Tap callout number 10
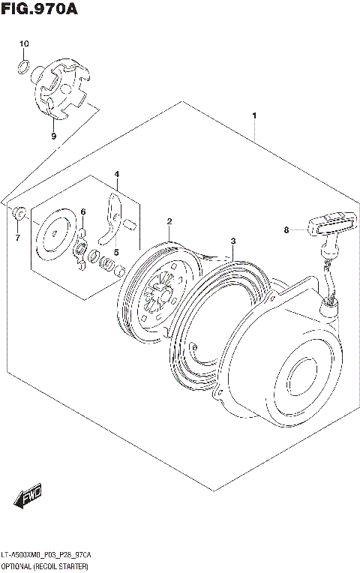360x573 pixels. [x=23, y=44]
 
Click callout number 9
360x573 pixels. [x=53, y=136]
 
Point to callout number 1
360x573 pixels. [x=255, y=115]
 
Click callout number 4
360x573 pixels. [x=117, y=174]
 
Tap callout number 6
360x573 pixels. [x=83, y=211]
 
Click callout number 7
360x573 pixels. [x=17, y=238]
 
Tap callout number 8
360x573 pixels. [x=286, y=230]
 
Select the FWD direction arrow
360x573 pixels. [x=28, y=496]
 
